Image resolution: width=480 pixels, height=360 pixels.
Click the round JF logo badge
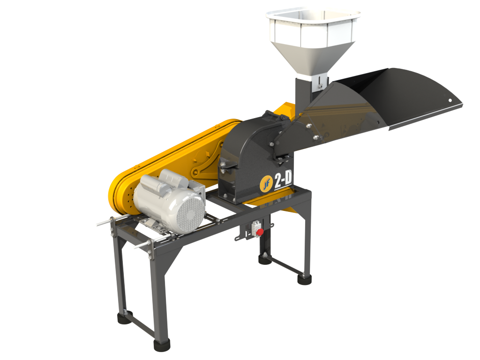[x=266, y=184]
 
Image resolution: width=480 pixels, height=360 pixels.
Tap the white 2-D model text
[x=283, y=180]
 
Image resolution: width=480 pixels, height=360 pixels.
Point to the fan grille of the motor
[x=190, y=213]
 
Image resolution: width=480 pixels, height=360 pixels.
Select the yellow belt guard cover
[x=172, y=165]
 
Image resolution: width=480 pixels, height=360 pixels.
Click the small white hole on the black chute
[x=450, y=100]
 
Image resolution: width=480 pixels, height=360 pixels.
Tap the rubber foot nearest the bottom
[x=162, y=345]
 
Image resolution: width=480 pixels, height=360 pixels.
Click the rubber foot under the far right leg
[x=304, y=279]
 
